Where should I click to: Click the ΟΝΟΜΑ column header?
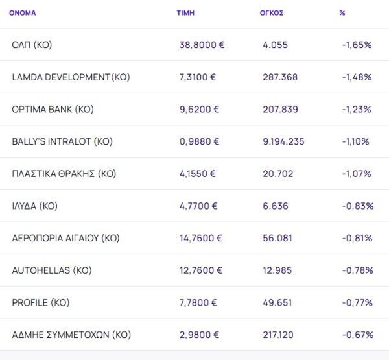23,13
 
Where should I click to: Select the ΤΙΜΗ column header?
185,13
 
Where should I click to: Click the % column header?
342,13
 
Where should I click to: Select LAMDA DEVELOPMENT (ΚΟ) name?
71,77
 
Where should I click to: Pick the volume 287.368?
280,77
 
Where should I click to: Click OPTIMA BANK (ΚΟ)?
53,110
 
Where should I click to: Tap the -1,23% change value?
357,110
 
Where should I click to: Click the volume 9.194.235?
284,141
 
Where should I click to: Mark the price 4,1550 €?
198,174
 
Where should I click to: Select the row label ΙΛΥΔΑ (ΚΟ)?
35,206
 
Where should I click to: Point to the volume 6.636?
275,206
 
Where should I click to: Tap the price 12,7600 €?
201,270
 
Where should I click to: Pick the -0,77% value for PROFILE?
357,303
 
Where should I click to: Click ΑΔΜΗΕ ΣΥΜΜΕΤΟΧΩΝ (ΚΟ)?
71,335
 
